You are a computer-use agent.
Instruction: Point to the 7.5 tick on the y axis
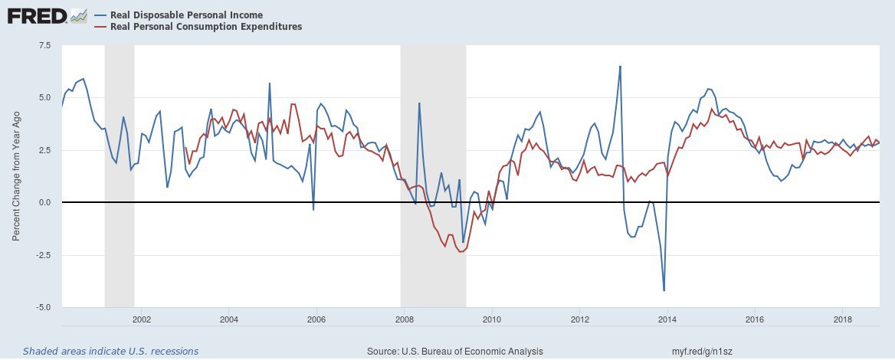[44, 45]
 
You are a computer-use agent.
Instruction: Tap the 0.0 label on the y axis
[44, 202]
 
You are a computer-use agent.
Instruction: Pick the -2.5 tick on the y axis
[42, 255]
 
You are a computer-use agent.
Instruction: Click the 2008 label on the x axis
[404, 318]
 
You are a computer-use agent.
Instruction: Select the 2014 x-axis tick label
[667, 318]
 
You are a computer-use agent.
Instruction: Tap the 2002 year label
[141, 318]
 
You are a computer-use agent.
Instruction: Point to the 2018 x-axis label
[843, 318]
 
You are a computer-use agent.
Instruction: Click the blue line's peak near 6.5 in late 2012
[620, 67]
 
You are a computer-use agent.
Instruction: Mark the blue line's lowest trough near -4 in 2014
[664, 290]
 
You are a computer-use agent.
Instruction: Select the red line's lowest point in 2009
[461, 252]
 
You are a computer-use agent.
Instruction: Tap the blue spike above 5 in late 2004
[269, 83]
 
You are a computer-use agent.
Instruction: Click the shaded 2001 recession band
[120, 176]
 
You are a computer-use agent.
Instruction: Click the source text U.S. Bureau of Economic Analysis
[456, 351]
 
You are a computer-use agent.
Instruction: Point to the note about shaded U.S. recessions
[110, 351]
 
